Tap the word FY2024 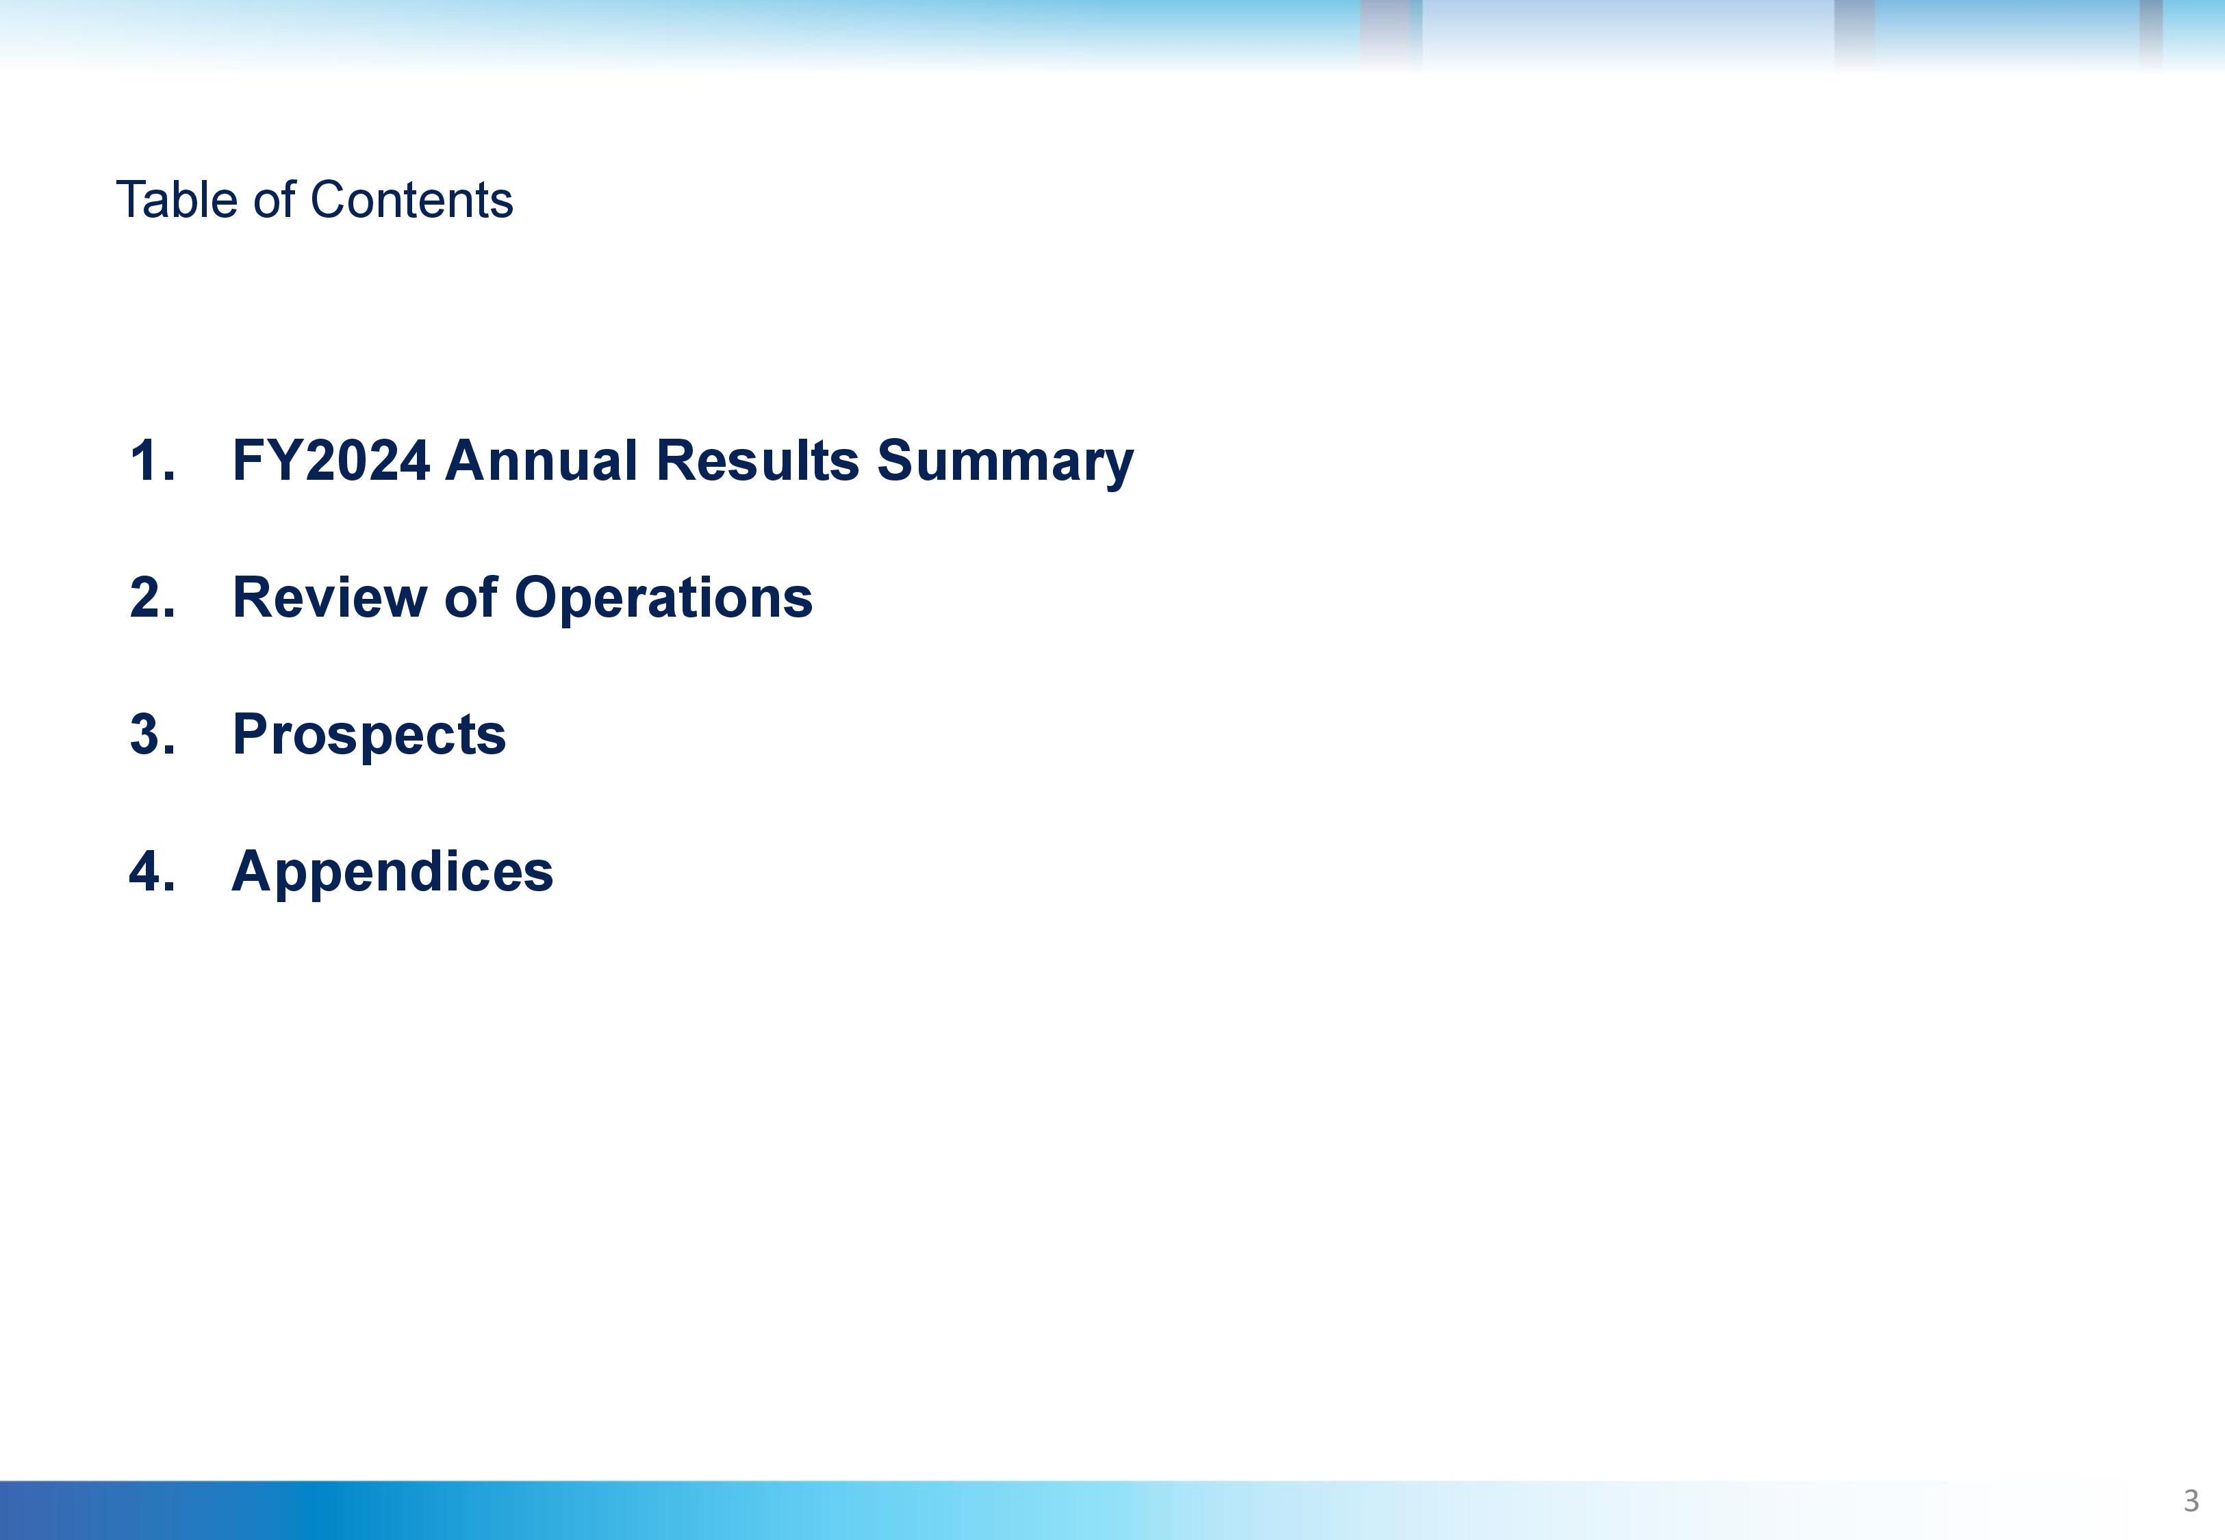click(x=331, y=460)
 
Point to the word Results click(x=757, y=460)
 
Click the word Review click(x=330, y=598)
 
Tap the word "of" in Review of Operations click(x=471, y=598)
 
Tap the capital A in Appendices click(x=253, y=871)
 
